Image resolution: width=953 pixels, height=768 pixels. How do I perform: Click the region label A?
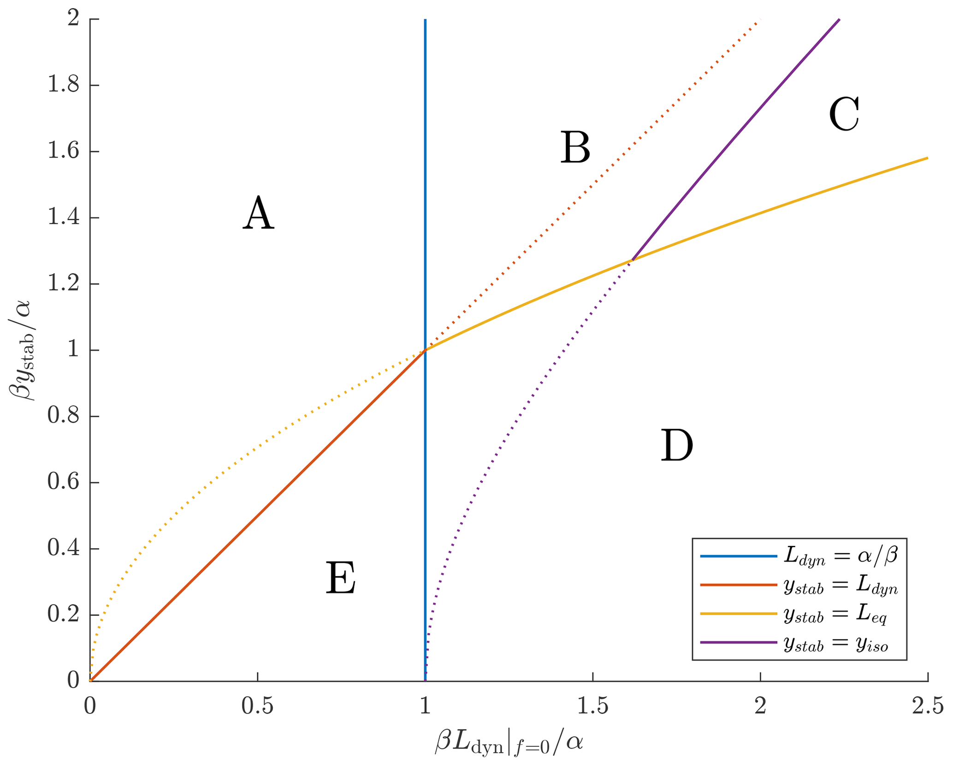[259, 213]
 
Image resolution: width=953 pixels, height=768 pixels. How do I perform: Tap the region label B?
[575, 148]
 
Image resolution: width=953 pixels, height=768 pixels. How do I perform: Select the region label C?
[844, 114]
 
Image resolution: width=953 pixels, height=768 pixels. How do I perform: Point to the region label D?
[677, 445]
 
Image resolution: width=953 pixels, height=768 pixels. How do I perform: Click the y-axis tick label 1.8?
[64, 86]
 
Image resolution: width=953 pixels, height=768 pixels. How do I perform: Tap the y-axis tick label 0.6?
[64, 483]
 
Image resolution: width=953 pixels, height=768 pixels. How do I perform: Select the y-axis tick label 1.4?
[64, 218]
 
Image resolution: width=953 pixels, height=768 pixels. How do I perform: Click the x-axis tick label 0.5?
[257, 707]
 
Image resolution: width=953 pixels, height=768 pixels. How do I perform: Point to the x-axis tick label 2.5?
[928, 707]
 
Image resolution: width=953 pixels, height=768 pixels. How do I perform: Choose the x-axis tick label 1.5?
[592, 707]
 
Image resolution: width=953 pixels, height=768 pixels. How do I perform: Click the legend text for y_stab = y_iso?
[835, 644]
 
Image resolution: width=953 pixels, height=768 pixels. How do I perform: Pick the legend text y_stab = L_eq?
[835, 615]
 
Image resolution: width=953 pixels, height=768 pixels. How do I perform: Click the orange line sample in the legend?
[738, 585]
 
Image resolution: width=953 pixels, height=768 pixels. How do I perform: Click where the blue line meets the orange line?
[425, 350]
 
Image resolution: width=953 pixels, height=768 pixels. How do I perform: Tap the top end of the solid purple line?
[839, 19]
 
